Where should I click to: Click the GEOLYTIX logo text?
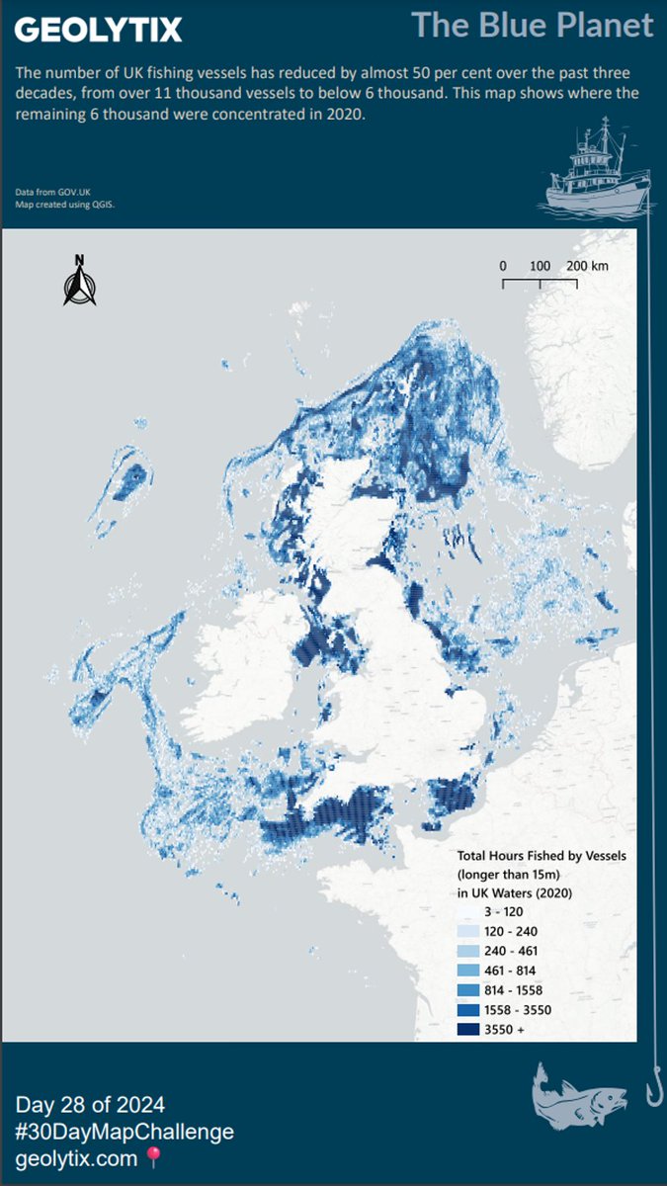(98, 30)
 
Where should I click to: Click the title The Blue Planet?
(532, 25)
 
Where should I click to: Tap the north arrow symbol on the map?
(79, 281)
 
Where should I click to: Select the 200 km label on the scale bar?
(587, 267)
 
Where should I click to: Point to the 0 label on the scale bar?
(502, 267)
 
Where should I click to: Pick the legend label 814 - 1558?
(513, 989)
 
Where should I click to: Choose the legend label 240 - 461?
(511, 951)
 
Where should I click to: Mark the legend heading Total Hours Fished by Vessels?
(542, 855)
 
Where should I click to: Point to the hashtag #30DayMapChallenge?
(125, 1132)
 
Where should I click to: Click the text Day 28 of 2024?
(90, 1104)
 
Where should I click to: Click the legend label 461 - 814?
(511, 971)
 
